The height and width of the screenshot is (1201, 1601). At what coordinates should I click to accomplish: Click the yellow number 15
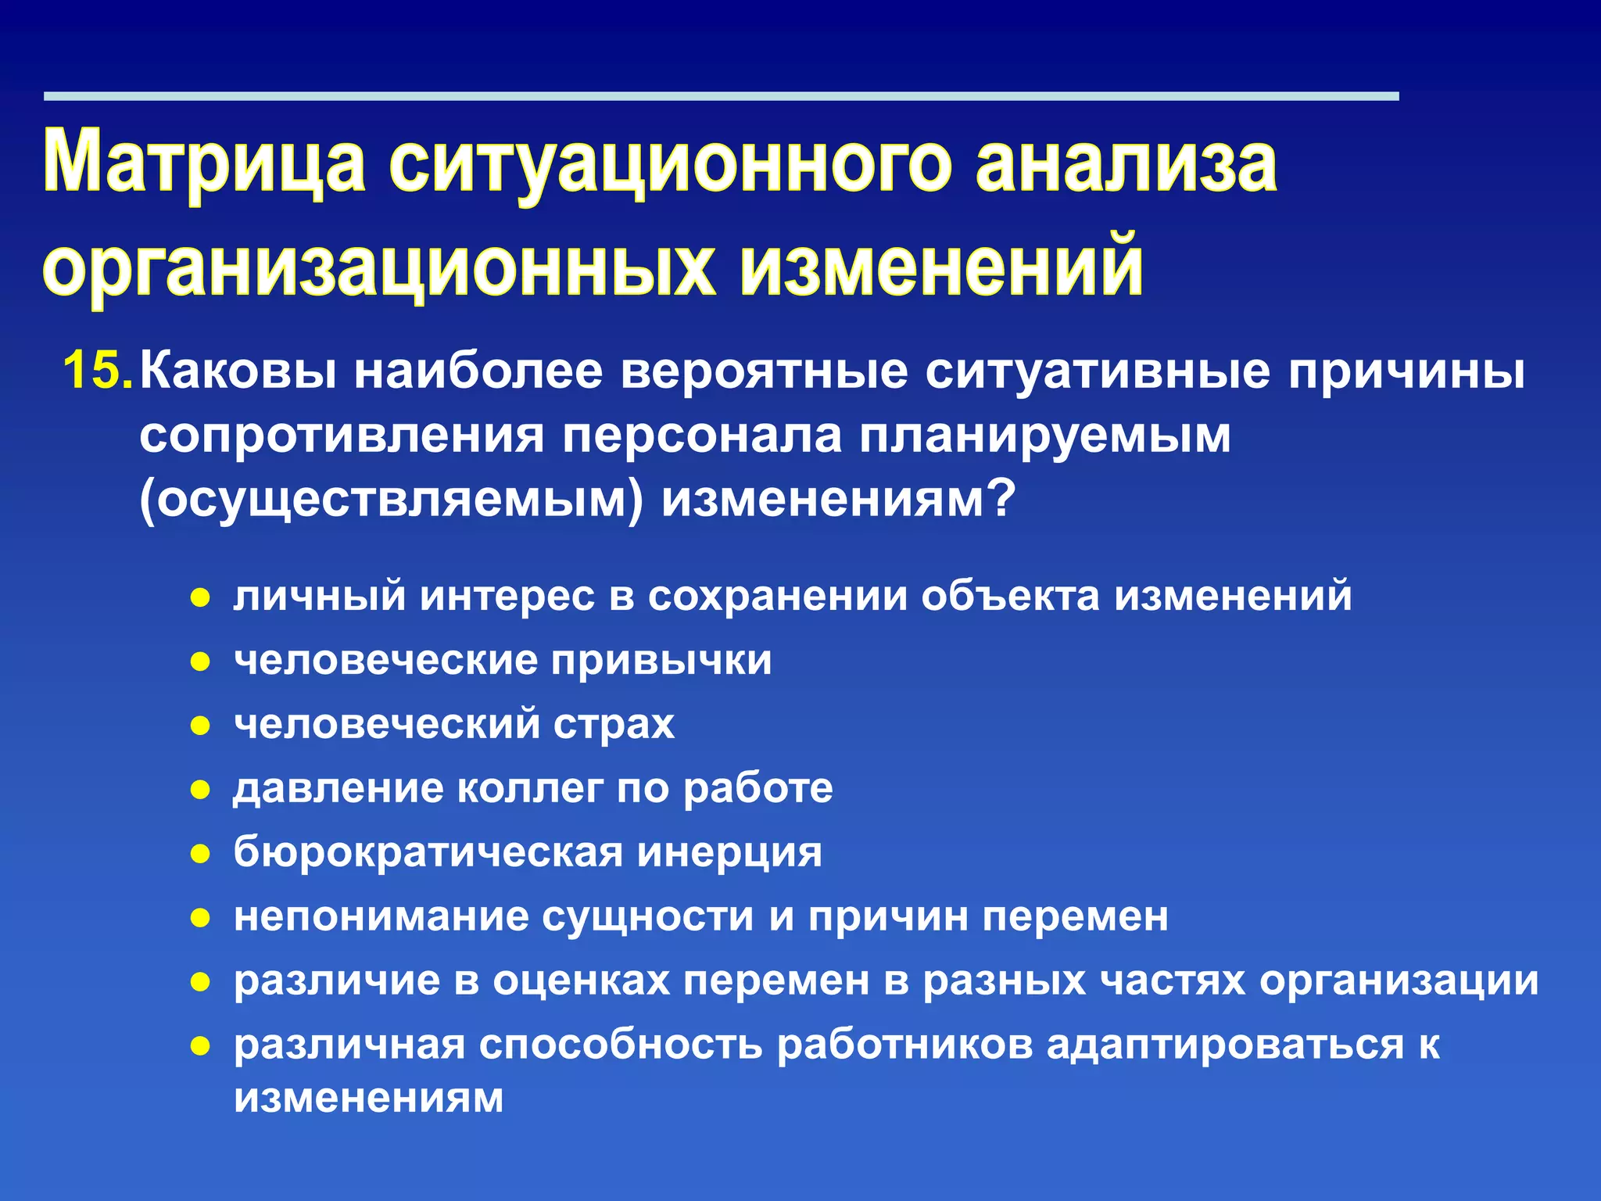(x=97, y=371)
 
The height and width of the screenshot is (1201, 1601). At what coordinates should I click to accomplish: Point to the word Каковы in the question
(x=238, y=371)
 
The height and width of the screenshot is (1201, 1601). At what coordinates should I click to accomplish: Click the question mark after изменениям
(x=1001, y=498)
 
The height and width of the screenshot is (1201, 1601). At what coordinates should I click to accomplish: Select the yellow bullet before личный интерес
(x=201, y=598)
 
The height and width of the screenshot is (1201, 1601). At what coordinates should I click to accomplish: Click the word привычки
(x=661, y=661)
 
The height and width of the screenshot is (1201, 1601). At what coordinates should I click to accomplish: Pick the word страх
(x=614, y=725)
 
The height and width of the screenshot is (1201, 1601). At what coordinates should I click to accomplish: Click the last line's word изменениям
(x=368, y=1098)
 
